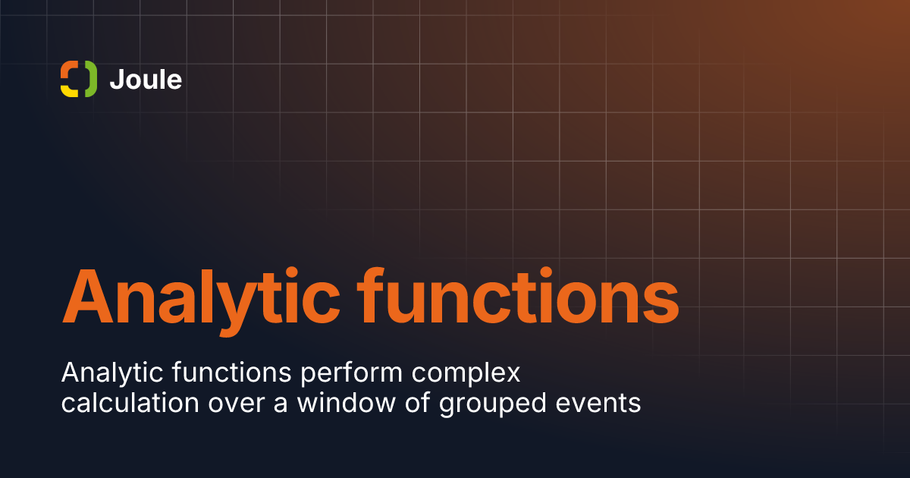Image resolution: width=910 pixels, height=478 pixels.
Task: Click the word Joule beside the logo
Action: click(x=146, y=80)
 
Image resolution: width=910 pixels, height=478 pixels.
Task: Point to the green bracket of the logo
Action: click(x=92, y=79)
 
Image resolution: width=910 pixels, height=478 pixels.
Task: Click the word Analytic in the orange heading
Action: click(x=201, y=302)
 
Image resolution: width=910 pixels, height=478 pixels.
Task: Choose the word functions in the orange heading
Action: click(x=518, y=296)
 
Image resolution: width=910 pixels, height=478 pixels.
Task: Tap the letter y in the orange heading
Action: click(x=237, y=310)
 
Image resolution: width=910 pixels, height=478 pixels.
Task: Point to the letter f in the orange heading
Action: click(x=371, y=295)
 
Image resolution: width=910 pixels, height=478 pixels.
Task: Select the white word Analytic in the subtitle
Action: click(x=112, y=373)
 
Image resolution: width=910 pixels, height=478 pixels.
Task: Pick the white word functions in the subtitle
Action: click(x=232, y=373)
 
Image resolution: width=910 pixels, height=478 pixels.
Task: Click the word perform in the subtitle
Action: click(x=351, y=374)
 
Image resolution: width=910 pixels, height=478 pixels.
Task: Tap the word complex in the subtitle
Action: click(x=466, y=374)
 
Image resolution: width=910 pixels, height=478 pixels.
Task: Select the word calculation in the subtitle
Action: click(x=130, y=403)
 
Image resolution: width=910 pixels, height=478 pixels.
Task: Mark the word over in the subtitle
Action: click(x=237, y=405)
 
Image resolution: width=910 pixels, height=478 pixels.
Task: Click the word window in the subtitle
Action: click(x=346, y=403)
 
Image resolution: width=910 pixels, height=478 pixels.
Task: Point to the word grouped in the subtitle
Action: click(x=493, y=405)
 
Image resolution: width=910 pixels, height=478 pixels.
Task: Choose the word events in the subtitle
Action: click(x=598, y=404)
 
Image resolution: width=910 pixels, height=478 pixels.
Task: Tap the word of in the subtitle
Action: click(x=417, y=403)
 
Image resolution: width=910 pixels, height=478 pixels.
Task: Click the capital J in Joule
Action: click(x=117, y=80)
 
